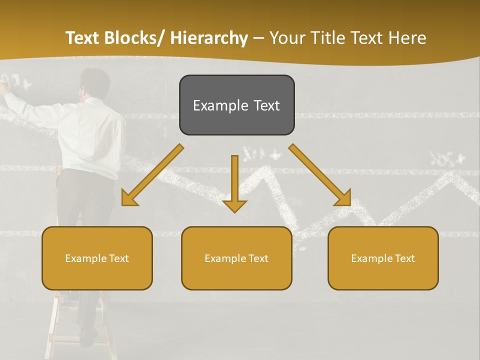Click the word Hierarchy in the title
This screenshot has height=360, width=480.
[x=209, y=38]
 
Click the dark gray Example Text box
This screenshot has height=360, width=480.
[x=236, y=105]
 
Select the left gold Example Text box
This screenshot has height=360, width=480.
[x=97, y=258]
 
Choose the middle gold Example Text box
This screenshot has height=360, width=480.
[x=236, y=258]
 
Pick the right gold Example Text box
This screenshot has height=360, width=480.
[x=383, y=258]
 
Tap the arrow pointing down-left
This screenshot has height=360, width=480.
[x=152, y=175]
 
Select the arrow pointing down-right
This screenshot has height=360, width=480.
[x=320, y=175]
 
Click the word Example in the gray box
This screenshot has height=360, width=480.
[x=217, y=105]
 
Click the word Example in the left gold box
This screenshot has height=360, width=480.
[x=85, y=258]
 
